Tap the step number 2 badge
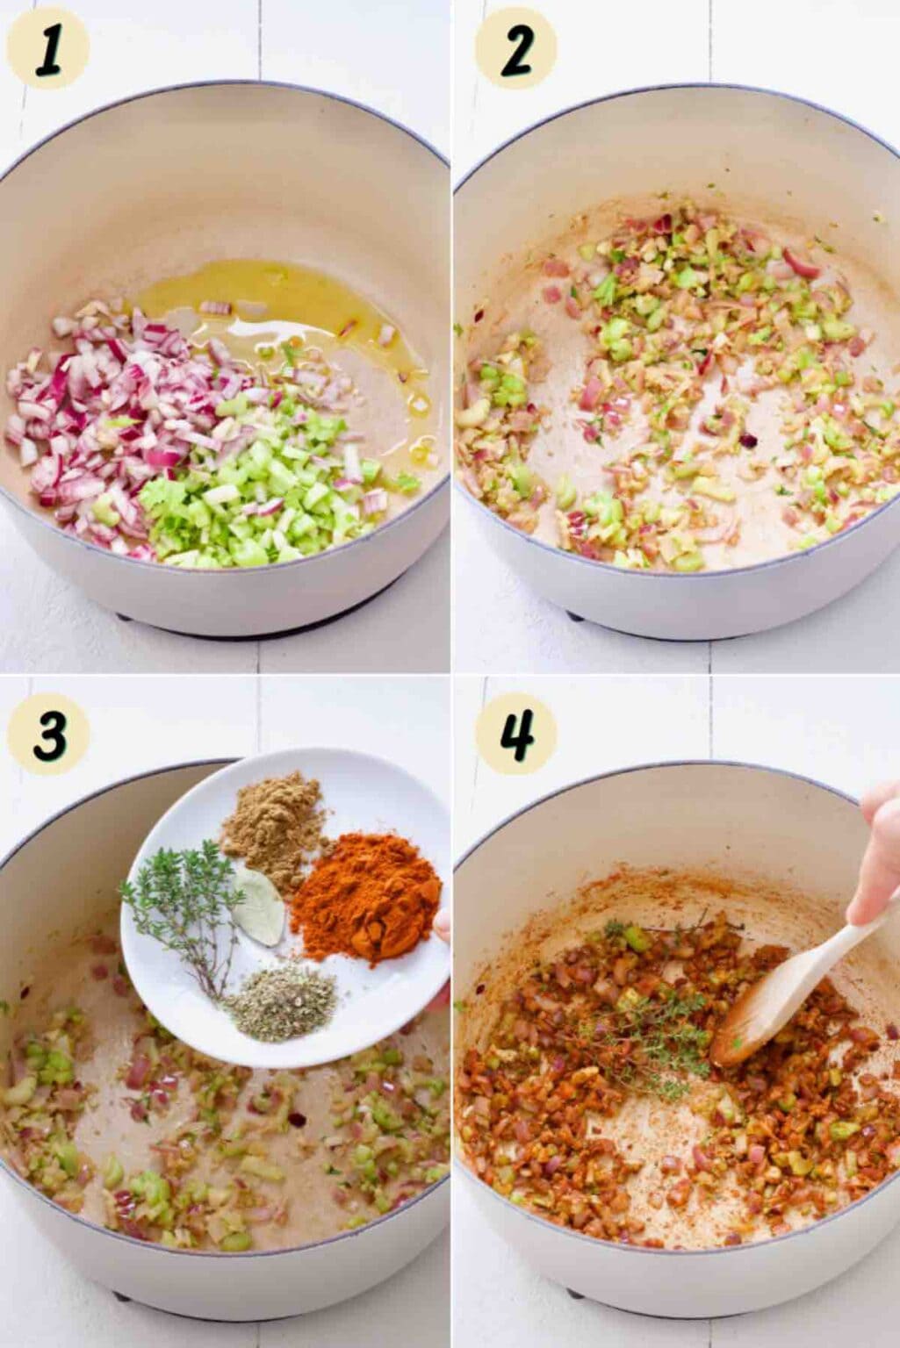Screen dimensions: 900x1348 click(x=516, y=48)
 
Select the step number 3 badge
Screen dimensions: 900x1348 click(x=47, y=733)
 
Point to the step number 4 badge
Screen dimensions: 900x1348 click(x=516, y=733)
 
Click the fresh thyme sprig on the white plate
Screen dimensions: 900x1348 click(x=181, y=908)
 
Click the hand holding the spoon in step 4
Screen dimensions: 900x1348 click(x=876, y=855)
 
